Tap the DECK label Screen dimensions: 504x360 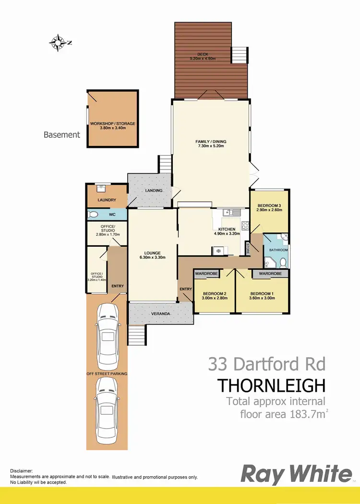pyautogui.click(x=203, y=54)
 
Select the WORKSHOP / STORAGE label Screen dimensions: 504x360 pyautogui.click(x=113, y=123)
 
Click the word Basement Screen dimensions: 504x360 pyautogui.click(x=62, y=135)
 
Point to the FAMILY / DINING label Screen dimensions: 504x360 pyautogui.click(x=211, y=142)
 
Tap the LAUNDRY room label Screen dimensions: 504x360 pyautogui.click(x=107, y=200)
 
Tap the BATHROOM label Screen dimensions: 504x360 pyautogui.click(x=278, y=250)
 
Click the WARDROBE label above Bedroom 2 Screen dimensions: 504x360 pyautogui.click(x=206, y=273)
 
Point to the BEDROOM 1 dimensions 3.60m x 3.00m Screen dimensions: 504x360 pyautogui.click(x=263, y=298)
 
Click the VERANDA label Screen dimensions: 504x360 pyautogui.click(x=161, y=313)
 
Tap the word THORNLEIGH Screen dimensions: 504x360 pyautogui.click(x=272, y=385)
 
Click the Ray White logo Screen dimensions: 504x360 pyautogui.click(x=296, y=474)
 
